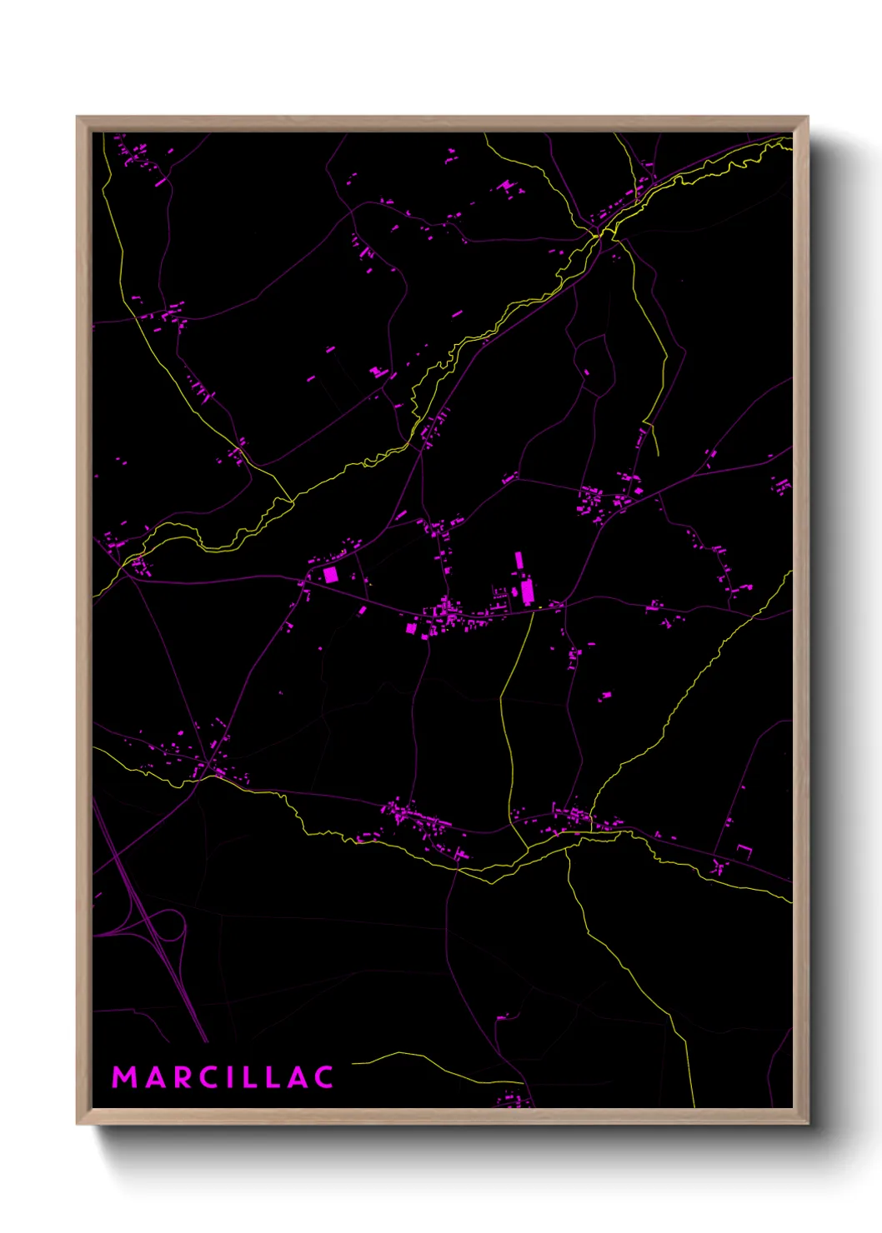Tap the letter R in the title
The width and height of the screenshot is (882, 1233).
(x=183, y=1077)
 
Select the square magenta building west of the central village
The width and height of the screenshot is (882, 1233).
(x=331, y=574)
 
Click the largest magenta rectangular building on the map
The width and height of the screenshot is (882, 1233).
(x=527, y=592)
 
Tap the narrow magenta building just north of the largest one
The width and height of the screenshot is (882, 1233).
(x=519, y=560)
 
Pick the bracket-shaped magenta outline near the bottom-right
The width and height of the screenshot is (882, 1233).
(x=744, y=851)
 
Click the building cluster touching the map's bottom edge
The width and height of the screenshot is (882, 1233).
(x=513, y=1101)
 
